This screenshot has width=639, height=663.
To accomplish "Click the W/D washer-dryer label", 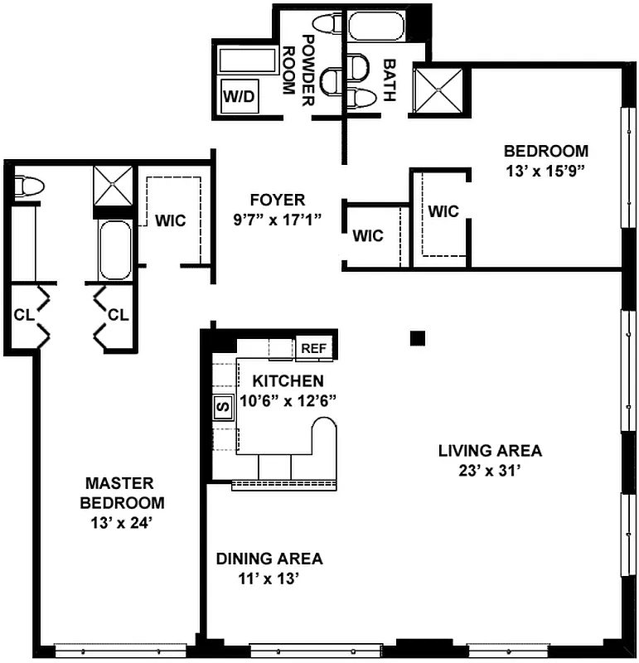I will click(240, 97).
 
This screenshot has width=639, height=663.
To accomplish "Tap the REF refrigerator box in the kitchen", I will click(314, 349).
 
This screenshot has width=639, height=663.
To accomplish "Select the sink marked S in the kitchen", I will click(222, 407).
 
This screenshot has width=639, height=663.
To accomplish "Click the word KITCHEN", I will click(288, 381).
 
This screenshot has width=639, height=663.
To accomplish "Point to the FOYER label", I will click(278, 200).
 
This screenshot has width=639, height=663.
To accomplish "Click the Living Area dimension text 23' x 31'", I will click(490, 470).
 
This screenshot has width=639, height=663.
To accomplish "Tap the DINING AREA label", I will click(269, 559).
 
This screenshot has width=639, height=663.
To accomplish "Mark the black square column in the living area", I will click(418, 337).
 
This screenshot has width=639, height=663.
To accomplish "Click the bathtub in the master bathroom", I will click(114, 249).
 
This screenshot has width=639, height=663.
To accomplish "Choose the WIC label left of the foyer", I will click(170, 221).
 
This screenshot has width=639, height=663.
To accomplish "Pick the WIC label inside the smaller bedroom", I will click(443, 211).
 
